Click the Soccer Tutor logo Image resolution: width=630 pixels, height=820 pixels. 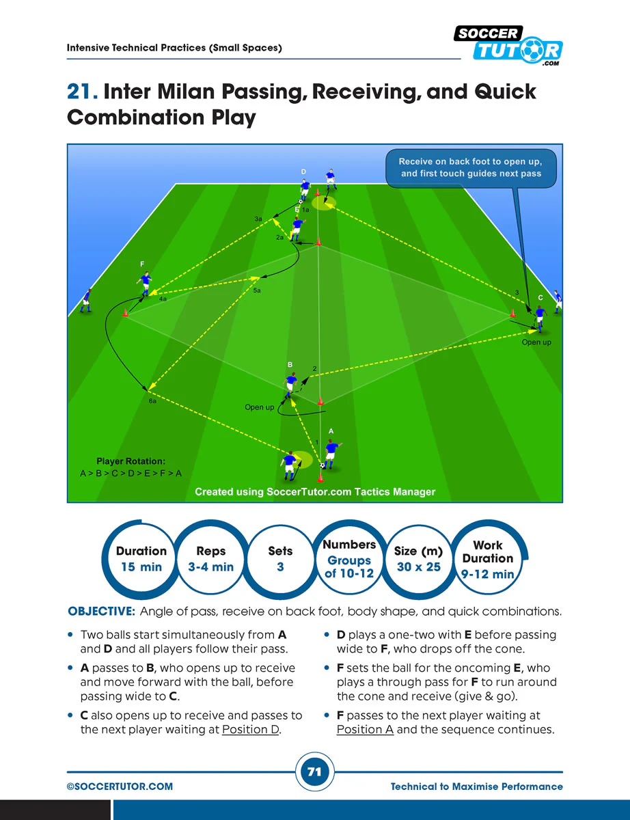(x=508, y=45)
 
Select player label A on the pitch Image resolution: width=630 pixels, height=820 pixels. (x=331, y=431)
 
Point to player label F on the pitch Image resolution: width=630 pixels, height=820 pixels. (x=142, y=263)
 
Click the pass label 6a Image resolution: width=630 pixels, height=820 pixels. (x=153, y=401)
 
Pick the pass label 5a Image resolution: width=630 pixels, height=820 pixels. (x=258, y=290)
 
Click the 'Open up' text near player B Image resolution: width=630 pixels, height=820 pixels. (x=259, y=407)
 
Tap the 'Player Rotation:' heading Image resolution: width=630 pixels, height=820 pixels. (x=131, y=461)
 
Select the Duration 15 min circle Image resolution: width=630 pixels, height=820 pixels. (x=141, y=558)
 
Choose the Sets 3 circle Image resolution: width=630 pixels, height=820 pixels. (x=280, y=558)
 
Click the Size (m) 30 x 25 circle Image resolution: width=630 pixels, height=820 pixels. (x=418, y=558)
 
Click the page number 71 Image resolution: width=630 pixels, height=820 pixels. (x=314, y=772)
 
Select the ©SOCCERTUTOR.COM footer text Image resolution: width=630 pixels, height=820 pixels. (x=120, y=787)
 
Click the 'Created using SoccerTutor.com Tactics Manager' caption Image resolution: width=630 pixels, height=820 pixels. (x=315, y=491)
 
